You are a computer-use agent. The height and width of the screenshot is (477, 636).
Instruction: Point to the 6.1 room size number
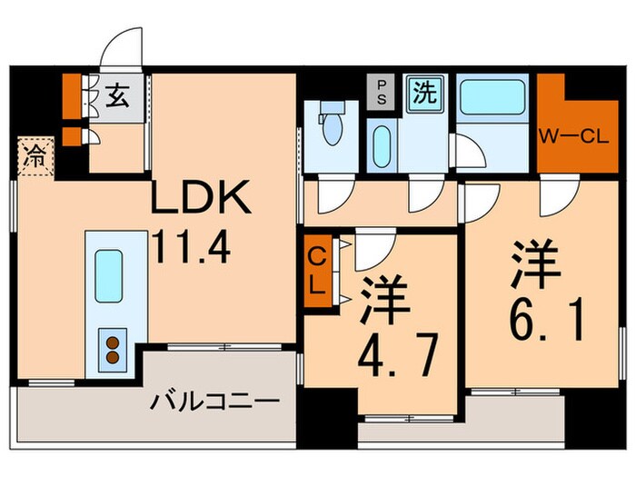[x=544, y=319]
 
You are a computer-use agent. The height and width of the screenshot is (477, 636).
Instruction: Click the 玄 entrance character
[x=118, y=93]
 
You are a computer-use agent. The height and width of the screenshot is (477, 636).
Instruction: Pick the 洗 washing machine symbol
[x=422, y=94]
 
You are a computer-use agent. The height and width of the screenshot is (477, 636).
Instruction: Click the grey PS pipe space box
[x=382, y=93]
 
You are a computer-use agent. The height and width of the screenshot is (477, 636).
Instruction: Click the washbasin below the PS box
[x=383, y=145]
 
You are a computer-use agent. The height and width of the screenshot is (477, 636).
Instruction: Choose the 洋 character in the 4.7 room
[x=385, y=300]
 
